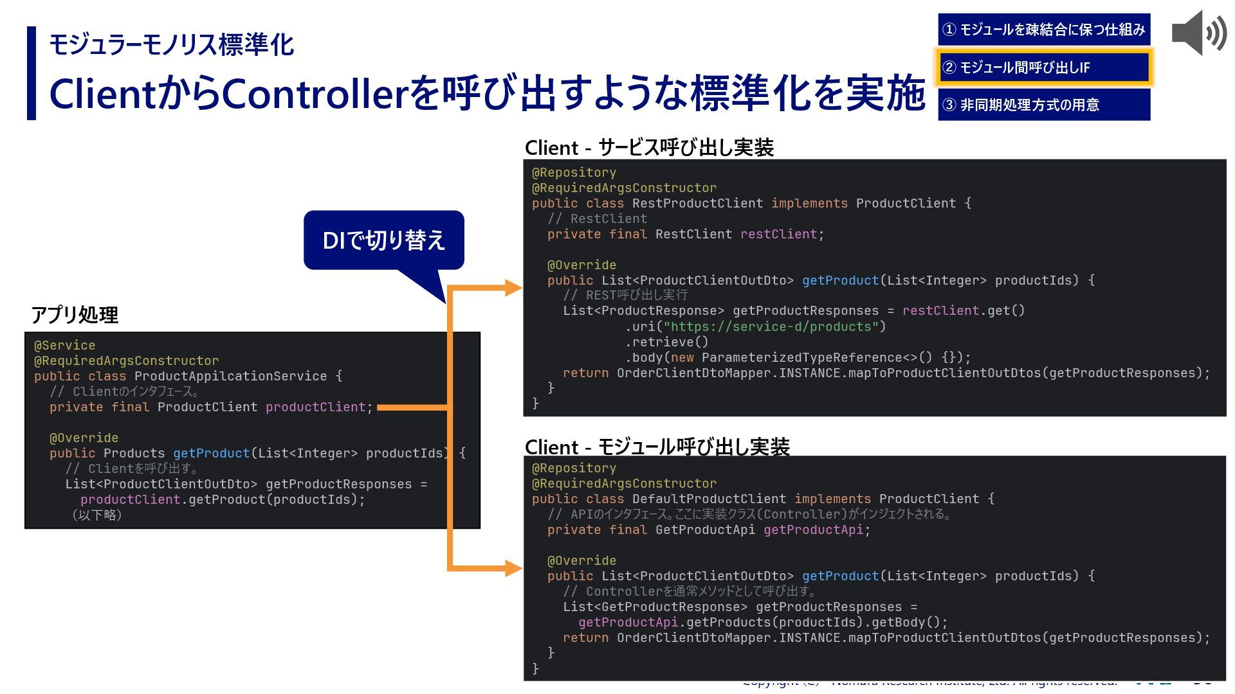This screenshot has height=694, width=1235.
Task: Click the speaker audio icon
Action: click(1198, 33)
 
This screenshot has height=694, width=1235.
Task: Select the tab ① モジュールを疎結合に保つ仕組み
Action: click(1043, 30)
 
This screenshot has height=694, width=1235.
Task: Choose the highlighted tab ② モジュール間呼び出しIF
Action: click(1043, 67)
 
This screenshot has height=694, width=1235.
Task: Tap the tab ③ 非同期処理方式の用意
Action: click(1043, 105)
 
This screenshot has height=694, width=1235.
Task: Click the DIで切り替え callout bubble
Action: click(383, 240)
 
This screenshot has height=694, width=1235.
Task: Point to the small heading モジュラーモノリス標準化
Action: click(171, 45)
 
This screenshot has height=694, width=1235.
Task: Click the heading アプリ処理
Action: click(75, 315)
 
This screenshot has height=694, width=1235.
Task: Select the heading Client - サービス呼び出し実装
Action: click(648, 148)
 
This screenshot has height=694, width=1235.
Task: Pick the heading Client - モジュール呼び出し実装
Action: click(657, 447)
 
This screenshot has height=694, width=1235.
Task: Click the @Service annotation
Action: click(64, 346)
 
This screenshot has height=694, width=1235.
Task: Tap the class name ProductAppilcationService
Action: click(230, 377)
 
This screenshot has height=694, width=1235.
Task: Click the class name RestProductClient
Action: click(697, 204)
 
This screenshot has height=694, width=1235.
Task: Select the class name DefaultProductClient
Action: click(709, 499)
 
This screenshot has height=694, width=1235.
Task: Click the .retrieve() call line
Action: click(666, 343)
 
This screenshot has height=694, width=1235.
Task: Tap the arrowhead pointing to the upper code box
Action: click(513, 288)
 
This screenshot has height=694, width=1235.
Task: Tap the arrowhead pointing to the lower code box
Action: click(513, 568)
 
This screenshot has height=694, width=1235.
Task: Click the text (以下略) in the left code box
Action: click(96, 515)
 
